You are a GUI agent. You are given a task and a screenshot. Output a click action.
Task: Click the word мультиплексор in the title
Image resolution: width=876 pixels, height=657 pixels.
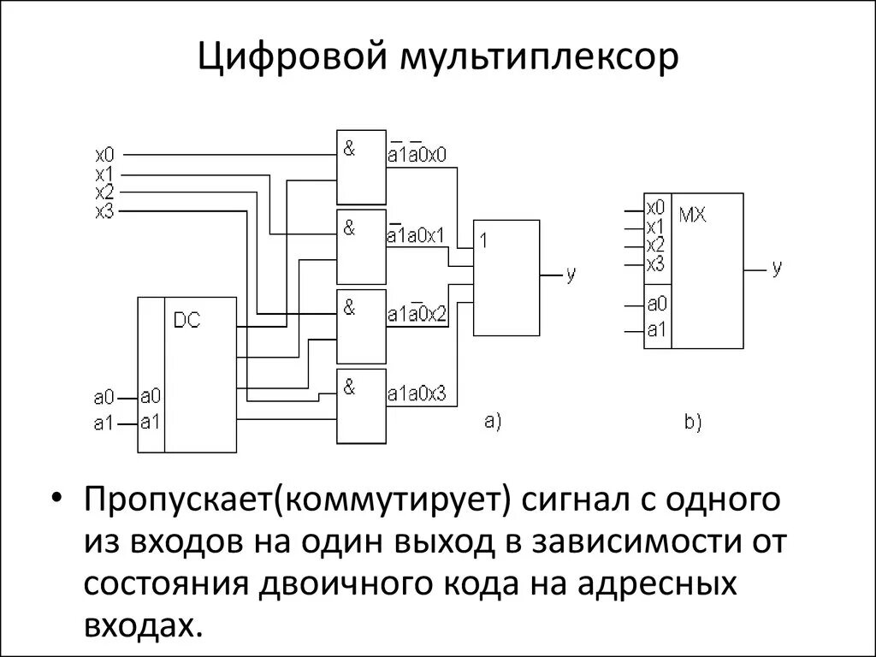[x=536, y=58]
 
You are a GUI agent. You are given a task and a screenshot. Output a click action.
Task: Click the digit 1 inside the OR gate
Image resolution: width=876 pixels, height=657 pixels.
[x=483, y=241]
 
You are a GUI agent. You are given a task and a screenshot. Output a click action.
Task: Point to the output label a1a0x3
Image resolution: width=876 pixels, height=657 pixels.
[x=417, y=395]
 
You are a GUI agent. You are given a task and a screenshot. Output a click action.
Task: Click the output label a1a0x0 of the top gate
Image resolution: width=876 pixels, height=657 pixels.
[x=417, y=154]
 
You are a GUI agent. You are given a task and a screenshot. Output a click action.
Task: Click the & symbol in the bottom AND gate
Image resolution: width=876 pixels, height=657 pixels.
[x=349, y=386]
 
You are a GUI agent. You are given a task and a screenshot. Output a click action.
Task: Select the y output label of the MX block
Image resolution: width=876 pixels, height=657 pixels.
[x=777, y=268]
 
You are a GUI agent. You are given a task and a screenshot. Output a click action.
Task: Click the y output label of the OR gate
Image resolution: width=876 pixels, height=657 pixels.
[x=571, y=274]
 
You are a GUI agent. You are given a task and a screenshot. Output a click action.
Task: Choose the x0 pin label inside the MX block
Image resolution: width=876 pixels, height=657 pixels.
[x=656, y=206]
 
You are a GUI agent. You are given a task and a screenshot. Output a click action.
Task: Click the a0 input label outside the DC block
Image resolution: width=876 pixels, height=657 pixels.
[x=104, y=397]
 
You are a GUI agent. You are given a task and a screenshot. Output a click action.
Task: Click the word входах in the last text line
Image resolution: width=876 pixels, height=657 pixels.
[x=143, y=624]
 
